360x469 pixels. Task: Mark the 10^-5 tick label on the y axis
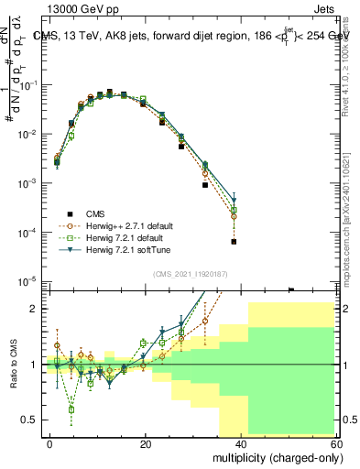[27, 281]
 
